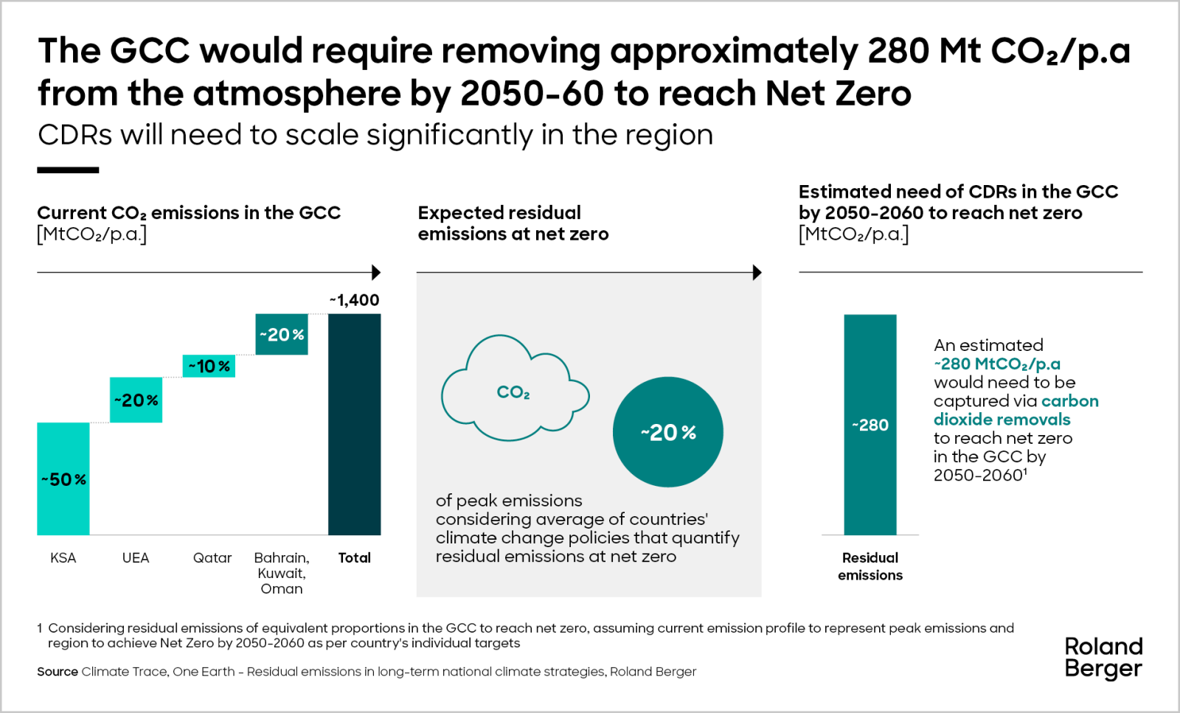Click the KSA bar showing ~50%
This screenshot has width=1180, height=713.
pyautogui.click(x=63, y=479)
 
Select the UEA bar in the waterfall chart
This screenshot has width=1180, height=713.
pyautogui.click(x=136, y=400)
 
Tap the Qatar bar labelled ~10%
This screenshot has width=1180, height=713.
pyautogui.click(x=209, y=366)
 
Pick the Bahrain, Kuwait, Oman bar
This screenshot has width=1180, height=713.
pyautogui.click(x=282, y=334)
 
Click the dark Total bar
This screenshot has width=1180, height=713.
pyautogui.click(x=354, y=424)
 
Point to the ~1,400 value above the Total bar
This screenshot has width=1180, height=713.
pyautogui.click(x=354, y=300)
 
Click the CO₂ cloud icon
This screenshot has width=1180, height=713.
pyautogui.click(x=514, y=391)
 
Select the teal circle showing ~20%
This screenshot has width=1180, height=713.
pyautogui.click(x=668, y=432)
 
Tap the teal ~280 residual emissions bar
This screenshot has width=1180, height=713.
pyautogui.click(x=870, y=425)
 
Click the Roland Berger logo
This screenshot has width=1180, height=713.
pyautogui.click(x=1103, y=657)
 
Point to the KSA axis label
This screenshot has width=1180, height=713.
pyautogui.click(x=63, y=558)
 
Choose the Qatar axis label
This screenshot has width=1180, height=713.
pyautogui.click(x=212, y=558)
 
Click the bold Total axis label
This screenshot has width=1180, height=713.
pyautogui.click(x=354, y=558)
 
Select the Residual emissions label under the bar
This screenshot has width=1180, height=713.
pyautogui.click(x=870, y=566)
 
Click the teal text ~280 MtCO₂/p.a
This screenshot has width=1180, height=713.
pyautogui.click(x=997, y=364)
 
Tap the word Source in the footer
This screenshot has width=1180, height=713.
pyautogui.click(x=58, y=672)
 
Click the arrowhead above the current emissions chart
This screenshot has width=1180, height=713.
pyautogui.click(x=376, y=272)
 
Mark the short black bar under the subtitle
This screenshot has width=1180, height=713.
pyautogui.click(x=68, y=170)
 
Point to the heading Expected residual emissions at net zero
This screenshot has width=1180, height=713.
pyautogui.click(x=513, y=223)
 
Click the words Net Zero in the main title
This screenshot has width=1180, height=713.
pyautogui.click(x=839, y=94)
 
